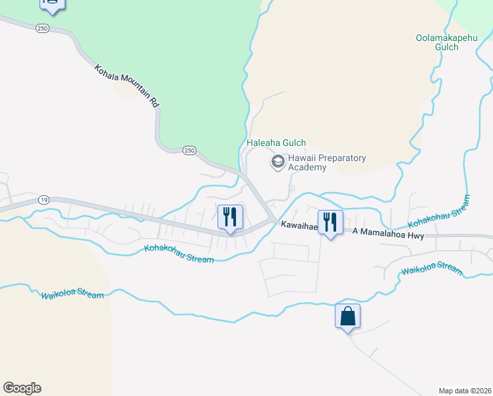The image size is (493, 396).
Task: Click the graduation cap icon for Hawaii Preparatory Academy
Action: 278,161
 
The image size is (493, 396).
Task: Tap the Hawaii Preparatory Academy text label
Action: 326,162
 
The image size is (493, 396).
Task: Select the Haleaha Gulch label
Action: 276,143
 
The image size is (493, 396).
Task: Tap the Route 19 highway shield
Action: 44,199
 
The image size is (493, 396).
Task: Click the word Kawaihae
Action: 300,225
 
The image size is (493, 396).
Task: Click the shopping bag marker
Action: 347,317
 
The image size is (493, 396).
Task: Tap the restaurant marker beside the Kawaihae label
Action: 330,222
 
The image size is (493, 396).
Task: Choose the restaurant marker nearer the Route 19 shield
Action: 230,218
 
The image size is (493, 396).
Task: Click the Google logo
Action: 22,388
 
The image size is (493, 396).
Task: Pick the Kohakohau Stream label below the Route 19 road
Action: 179,253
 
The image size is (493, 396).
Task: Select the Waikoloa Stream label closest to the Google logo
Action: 72,295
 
